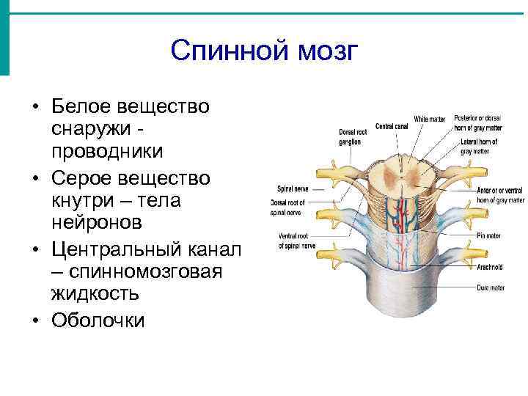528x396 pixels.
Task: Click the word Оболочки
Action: coord(98,320)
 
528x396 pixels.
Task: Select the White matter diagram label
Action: coord(428,119)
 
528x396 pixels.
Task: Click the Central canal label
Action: coord(391,126)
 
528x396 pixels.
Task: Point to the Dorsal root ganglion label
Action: coord(349,137)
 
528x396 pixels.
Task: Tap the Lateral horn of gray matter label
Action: coord(480,146)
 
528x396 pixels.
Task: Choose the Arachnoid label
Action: coord(487,267)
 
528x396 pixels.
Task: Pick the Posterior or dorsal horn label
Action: coord(477,122)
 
